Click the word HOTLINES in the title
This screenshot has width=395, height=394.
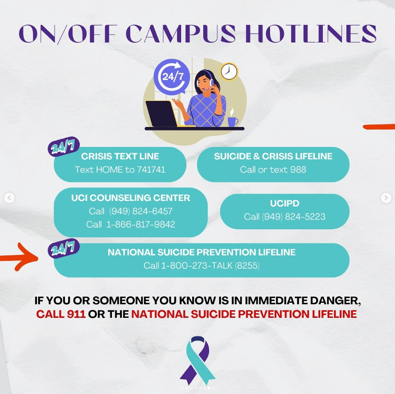pyautogui.click(x=310, y=34)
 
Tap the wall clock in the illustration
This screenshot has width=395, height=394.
pyautogui.click(x=229, y=72)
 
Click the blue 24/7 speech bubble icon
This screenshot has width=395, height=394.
pyautogui.click(x=172, y=76)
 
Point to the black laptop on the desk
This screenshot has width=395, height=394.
pyautogui.click(x=161, y=114)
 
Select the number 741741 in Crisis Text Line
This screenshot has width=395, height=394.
pyautogui.click(x=151, y=170)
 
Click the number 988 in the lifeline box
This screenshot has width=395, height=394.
pyautogui.click(x=298, y=170)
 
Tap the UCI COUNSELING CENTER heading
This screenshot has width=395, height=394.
pyautogui.click(x=131, y=198)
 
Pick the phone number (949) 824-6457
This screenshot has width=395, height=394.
pyautogui.click(x=141, y=211)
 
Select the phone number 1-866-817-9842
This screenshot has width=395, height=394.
pyautogui.click(x=140, y=224)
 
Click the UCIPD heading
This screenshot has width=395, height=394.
pyautogui.click(x=285, y=203)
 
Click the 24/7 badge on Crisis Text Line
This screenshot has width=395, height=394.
pyautogui.click(x=63, y=147)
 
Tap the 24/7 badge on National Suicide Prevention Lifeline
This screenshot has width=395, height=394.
pyautogui.click(x=63, y=248)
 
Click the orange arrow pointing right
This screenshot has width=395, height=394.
pyautogui.click(x=19, y=258)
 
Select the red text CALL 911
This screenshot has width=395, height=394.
pyautogui.click(x=61, y=314)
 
